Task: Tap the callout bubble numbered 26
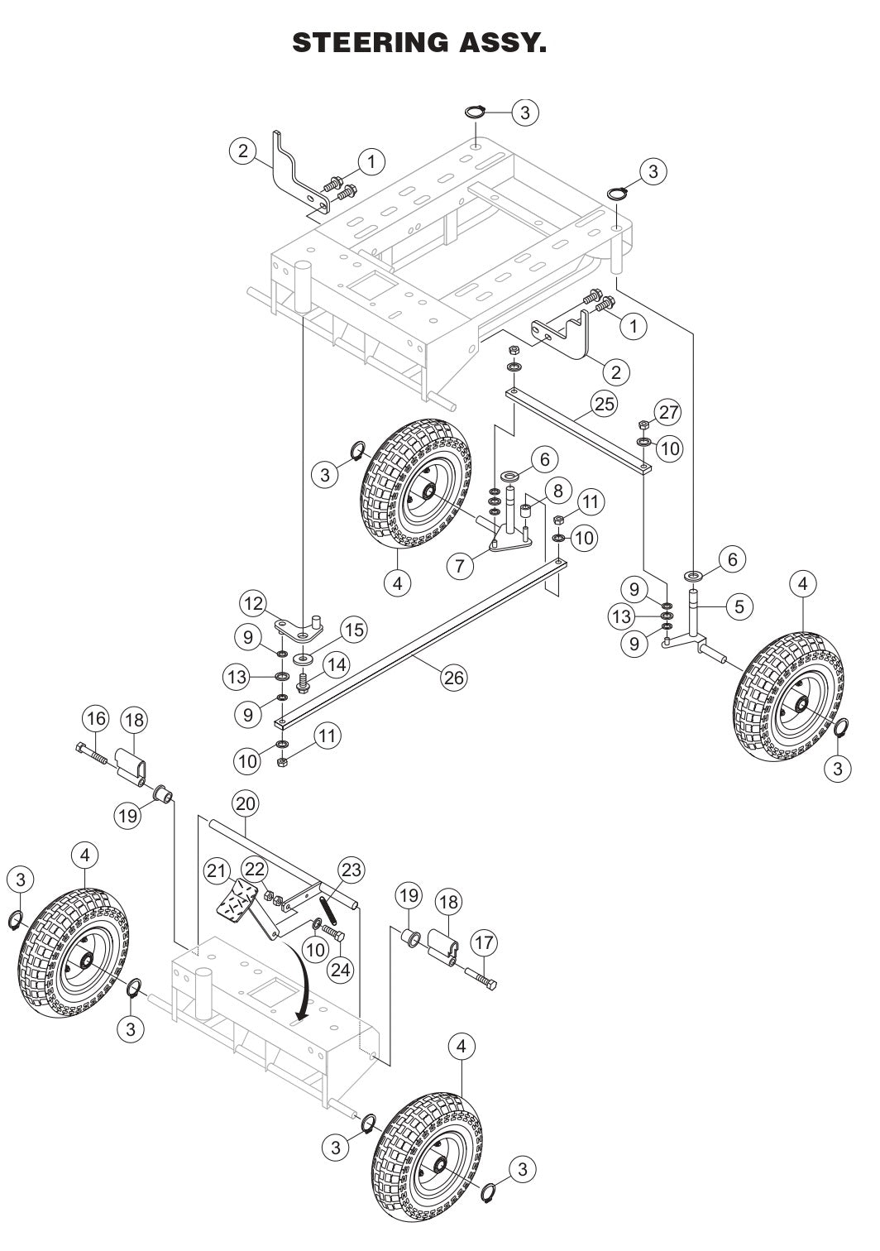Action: click(453, 678)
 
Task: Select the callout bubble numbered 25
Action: click(605, 404)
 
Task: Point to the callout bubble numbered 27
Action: click(668, 412)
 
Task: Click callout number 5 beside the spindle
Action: click(739, 606)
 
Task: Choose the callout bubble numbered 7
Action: click(462, 566)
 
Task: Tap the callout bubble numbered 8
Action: click(557, 491)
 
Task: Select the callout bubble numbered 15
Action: click(353, 630)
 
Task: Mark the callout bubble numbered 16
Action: click(95, 718)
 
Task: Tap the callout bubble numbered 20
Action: click(245, 803)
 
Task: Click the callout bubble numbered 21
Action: click(217, 870)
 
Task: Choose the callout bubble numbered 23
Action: click(352, 870)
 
